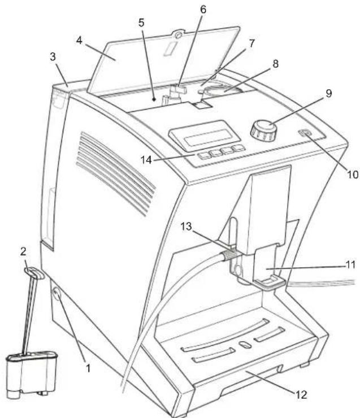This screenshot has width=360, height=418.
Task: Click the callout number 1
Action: coord(88,368)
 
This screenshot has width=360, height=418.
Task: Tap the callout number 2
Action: coord(24,251)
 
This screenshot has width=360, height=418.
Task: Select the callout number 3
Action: coord(53,57)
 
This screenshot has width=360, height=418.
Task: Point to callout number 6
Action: coord(203,10)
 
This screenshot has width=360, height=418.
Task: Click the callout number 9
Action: coord(328,93)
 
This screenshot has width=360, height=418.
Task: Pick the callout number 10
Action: coord(352,175)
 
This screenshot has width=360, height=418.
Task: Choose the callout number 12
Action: coord(301,394)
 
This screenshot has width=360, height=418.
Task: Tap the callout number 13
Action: coord(186,227)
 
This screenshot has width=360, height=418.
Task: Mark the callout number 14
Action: coord(146,160)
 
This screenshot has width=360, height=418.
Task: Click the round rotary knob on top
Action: coord(263,130)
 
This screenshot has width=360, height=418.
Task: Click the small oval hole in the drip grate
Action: coord(245,345)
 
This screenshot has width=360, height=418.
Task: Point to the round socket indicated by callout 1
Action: coord(57,294)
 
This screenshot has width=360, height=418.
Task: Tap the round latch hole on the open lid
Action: coord(179,35)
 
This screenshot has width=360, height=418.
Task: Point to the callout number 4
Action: coord(79,41)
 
